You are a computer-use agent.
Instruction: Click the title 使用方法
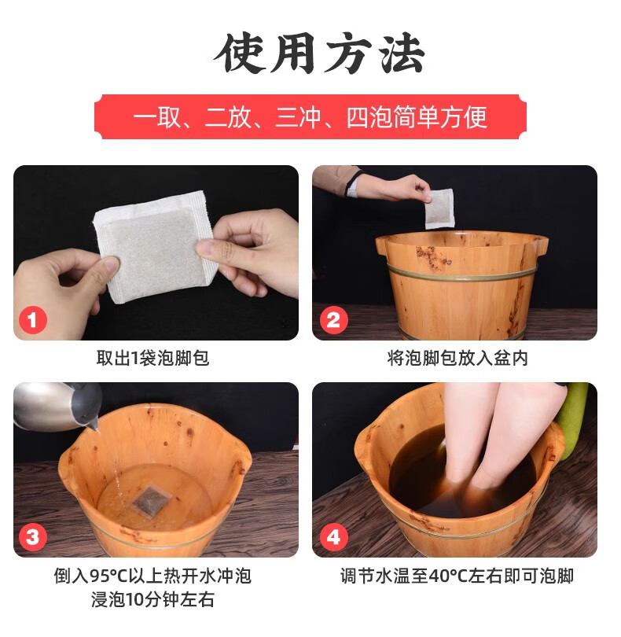pyautogui.click(x=319, y=53)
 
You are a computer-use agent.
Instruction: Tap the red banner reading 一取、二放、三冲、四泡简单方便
pyautogui.click(x=310, y=116)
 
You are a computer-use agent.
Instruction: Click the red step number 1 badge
pyautogui.click(x=33, y=320)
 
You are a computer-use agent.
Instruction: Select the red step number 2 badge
pyautogui.click(x=333, y=320)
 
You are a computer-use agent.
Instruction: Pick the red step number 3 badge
pyautogui.click(x=33, y=537)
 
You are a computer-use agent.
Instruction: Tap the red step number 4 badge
pyautogui.click(x=333, y=537)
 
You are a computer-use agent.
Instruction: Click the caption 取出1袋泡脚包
pyautogui.click(x=152, y=358)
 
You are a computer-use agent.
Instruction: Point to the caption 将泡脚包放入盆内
pyautogui.click(x=457, y=358)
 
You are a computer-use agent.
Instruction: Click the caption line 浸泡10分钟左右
pyautogui.click(x=152, y=599)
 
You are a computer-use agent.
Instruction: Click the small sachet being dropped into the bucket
pyautogui.click(x=439, y=208)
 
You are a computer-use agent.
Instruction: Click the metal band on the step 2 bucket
pyautogui.click(x=461, y=274)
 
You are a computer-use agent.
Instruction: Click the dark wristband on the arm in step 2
pyautogui.click(x=351, y=183)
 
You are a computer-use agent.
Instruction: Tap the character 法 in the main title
pyautogui.click(x=402, y=53)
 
